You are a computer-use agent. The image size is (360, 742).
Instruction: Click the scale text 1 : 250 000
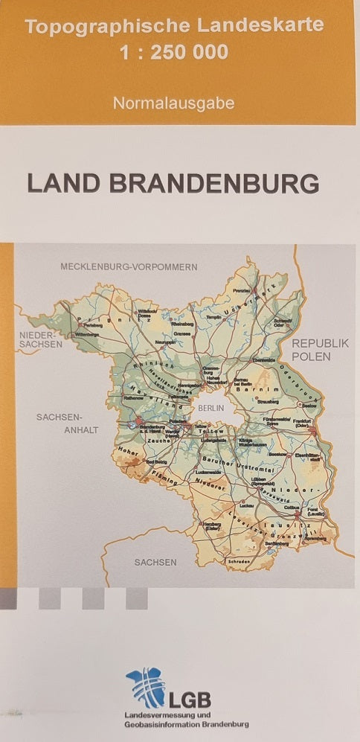pyautogui.click(x=173, y=52)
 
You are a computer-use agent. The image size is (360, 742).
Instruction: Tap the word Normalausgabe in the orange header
pyautogui.click(x=173, y=103)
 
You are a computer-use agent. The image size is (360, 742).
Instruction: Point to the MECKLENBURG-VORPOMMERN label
pyautogui.click(x=129, y=266)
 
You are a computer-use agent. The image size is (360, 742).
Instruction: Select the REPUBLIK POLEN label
pyautogui.click(x=320, y=349)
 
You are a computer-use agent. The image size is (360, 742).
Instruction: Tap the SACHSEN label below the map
pyautogui.click(x=155, y=562)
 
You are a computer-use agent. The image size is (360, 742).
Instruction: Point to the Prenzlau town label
pyautogui.click(x=240, y=290)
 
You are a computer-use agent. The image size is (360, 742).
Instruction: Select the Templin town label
pyautogui.click(x=214, y=316)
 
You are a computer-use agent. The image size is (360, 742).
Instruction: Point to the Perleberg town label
pyautogui.click(x=92, y=326)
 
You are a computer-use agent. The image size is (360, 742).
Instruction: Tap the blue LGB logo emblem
pyautogui.click(x=144, y=686)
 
